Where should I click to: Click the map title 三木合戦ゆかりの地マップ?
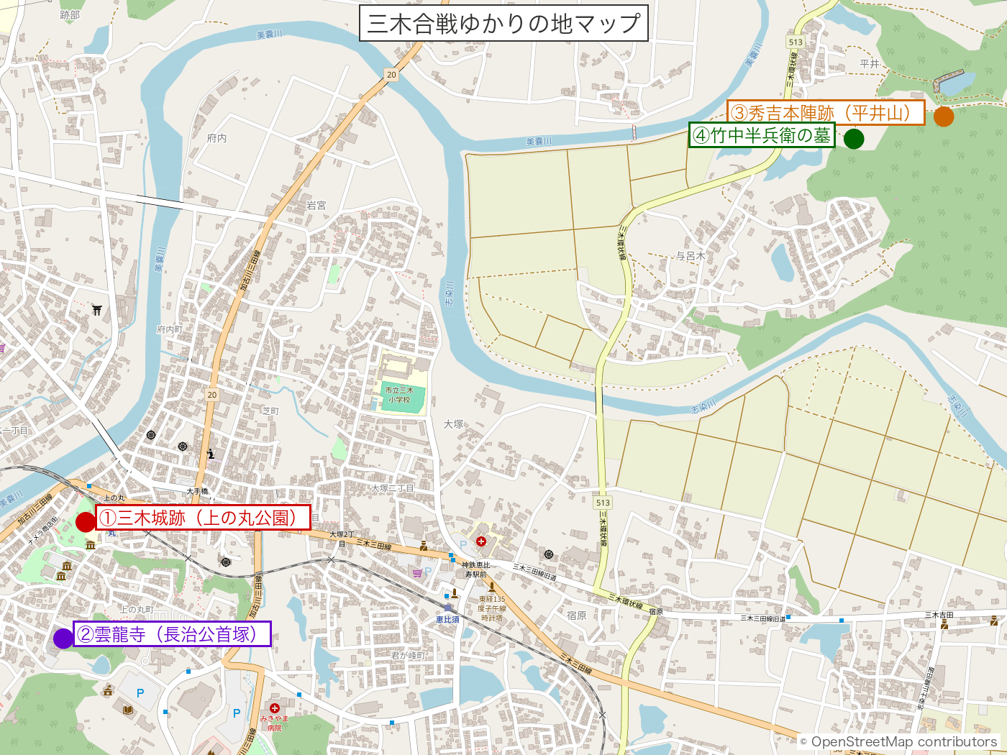pyautogui.click(x=503, y=24)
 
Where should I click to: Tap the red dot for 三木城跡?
pyautogui.click(x=86, y=521)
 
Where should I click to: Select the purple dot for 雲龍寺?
pyautogui.click(x=63, y=638)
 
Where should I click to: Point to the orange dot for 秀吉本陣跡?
pyautogui.click(x=944, y=116)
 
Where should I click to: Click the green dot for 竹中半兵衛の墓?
pyautogui.click(x=854, y=138)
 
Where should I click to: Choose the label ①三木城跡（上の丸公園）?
pyautogui.click(x=203, y=518)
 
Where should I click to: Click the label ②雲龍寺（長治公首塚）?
pyautogui.click(x=172, y=634)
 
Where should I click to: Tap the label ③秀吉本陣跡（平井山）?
pyautogui.click(x=825, y=113)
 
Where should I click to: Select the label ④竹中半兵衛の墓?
pyautogui.click(x=762, y=135)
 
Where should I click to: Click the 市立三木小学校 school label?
pyautogui.click(x=399, y=395)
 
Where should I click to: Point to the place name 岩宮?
pyautogui.click(x=316, y=206)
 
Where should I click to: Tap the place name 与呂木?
pyautogui.click(x=691, y=256)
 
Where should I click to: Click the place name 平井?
pyautogui.click(x=870, y=63)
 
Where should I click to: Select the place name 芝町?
pyautogui.click(x=270, y=411)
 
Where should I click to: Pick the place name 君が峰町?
pyautogui.click(x=409, y=655)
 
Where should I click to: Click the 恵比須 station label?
pyautogui.click(x=447, y=619)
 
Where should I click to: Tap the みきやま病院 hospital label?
pyautogui.click(x=274, y=722)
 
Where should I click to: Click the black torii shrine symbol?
pyautogui.click(x=97, y=311)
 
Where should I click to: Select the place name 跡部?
pyautogui.click(x=70, y=15)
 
